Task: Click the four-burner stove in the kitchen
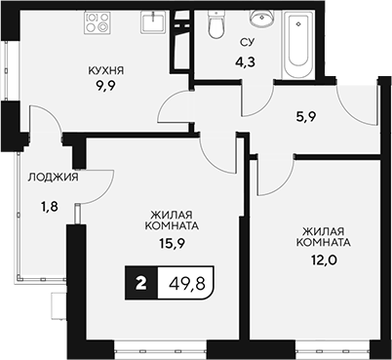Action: (98, 22)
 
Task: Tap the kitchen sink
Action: (154, 21)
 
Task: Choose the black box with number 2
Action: (142, 286)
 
